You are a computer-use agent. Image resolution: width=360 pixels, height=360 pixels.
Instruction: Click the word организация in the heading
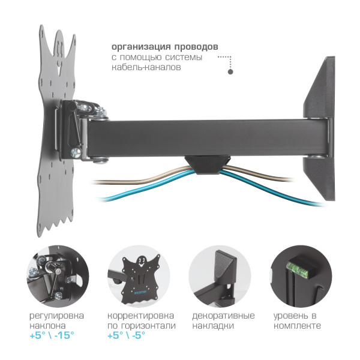141,47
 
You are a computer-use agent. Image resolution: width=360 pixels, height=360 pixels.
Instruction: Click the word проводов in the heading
196,47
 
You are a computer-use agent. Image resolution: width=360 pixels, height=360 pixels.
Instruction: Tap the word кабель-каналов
146,67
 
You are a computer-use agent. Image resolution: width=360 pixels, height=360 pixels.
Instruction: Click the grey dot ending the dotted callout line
230,71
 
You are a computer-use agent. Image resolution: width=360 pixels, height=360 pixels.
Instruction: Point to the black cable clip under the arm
208,164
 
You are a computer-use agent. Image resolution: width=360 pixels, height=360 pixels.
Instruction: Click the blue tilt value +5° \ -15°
52,335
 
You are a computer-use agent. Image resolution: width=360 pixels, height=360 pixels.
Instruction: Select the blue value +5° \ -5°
127,335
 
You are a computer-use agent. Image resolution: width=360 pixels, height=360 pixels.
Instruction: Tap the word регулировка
57,316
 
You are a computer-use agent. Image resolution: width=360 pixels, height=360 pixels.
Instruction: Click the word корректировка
140,316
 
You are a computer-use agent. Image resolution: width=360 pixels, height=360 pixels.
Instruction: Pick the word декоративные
223,316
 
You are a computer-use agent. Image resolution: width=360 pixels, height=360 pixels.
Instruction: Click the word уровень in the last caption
290,316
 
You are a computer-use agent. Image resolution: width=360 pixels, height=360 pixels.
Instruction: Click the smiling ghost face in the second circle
142,262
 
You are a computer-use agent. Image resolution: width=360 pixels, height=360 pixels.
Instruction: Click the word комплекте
297,326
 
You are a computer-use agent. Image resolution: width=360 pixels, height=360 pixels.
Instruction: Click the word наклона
48,326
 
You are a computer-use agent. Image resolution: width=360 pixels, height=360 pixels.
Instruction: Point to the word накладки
213,326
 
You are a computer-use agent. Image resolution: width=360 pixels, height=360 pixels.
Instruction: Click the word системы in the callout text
184,57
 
